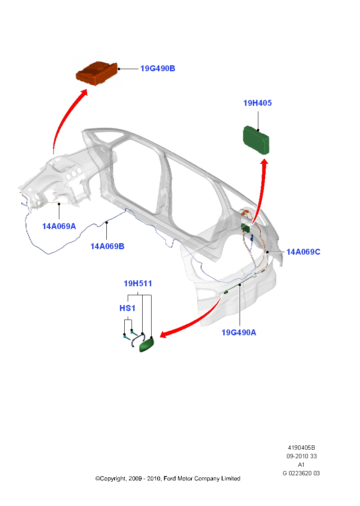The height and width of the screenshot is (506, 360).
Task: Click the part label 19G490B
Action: tap(158, 68)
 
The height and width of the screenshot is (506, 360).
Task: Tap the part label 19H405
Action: tap(258, 103)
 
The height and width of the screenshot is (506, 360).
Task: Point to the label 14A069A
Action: tap(59, 226)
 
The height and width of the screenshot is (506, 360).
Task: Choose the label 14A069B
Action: tap(107, 246)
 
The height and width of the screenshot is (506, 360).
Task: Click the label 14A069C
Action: tap(303, 252)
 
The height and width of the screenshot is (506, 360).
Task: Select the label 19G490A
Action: tap(239, 332)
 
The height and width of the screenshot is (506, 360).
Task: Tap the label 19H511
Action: tap(138, 283)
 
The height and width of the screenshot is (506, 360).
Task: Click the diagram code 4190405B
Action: tap(301, 448)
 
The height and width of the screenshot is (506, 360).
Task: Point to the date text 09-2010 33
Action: tap(301, 456)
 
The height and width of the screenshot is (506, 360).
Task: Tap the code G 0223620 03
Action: tap(301, 473)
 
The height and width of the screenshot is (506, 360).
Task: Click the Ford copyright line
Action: tap(167, 479)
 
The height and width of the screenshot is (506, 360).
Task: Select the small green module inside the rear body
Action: tap(246, 227)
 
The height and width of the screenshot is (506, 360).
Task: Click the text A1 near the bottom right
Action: tap(301, 465)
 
